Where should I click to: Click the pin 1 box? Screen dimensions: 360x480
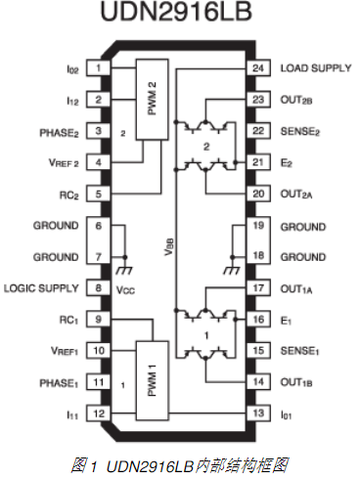coord(98,68)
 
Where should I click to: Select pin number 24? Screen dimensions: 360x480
coord(258,68)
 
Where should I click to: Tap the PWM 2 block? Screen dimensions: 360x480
coord(153,100)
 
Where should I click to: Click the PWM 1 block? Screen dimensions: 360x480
coord(153,380)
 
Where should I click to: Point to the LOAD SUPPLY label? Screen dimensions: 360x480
coord(316,68)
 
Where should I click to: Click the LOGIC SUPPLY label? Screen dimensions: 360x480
coord(41,288)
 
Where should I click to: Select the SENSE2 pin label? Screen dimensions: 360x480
coord(300,131)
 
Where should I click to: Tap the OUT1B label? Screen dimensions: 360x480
coord(296,382)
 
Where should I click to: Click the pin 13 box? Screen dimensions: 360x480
coord(258,414)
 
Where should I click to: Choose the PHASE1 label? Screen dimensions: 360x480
coord(59,383)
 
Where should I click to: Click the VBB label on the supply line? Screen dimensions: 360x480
coord(169,247)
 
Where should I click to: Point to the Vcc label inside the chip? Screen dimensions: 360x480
coord(125,289)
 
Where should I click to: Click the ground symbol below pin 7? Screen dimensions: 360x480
coord(124,269)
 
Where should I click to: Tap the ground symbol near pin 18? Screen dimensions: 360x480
coord(232,269)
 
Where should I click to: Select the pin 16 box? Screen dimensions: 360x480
coord(258,320)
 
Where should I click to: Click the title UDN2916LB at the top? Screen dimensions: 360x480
coord(176,12)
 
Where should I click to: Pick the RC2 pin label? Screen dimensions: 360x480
coord(69,196)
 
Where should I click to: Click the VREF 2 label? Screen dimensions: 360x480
coord(64,162)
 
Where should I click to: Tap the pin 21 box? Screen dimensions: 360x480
coord(258,162)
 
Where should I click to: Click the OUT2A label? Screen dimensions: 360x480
coord(296,195)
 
